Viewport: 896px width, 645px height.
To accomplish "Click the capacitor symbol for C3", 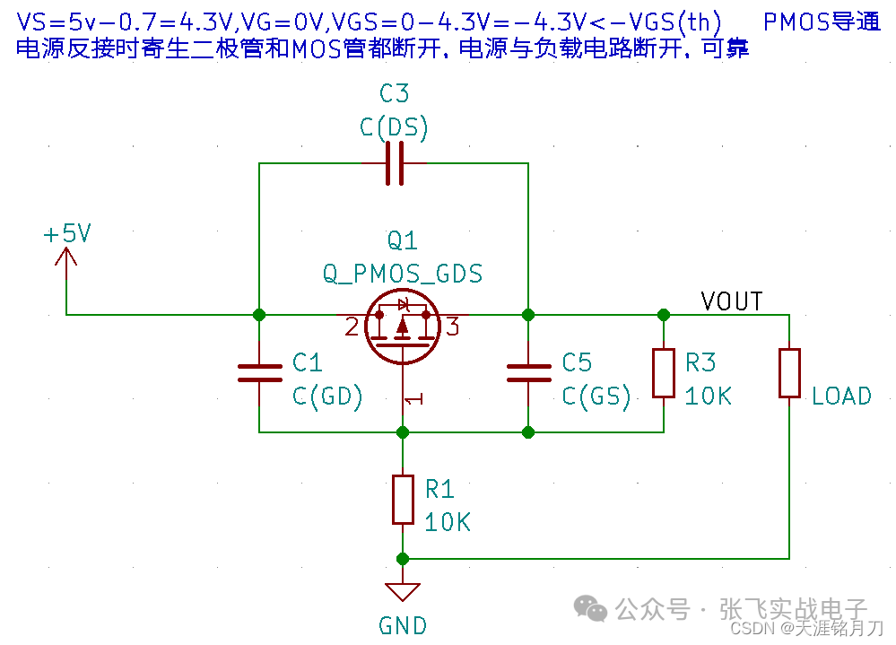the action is pyautogui.click(x=395, y=163).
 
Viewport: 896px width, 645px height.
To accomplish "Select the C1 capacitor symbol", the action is pyautogui.click(x=259, y=373).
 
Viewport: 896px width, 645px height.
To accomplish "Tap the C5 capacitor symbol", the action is pyautogui.click(x=528, y=373).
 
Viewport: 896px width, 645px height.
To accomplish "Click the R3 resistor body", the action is pyautogui.click(x=664, y=373).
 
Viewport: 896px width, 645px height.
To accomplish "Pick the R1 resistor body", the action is pyautogui.click(x=403, y=500).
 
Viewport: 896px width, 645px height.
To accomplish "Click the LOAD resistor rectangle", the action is pyautogui.click(x=789, y=373).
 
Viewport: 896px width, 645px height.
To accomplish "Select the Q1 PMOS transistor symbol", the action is pyautogui.click(x=403, y=327).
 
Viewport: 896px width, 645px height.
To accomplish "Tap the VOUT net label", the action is pyautogui.click(x=732, y=301).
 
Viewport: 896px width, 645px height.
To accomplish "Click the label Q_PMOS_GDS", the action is pyautogui.click(x=403, y=274).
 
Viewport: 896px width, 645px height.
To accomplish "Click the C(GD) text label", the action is pyautogui.click(x=328, y=396).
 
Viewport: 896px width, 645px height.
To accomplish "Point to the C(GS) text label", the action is pyautogui.click(x=596, y=396).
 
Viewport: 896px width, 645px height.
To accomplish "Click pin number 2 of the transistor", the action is pyautogui.click(x=352, y=327).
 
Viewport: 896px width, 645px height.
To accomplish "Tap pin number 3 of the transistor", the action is pyautogui.click(x=453, y=327).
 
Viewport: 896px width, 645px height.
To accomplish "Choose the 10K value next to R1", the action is pyautogui.click(x=448, y=522).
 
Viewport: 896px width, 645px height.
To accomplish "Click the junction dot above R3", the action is pyautogui.click(x=664, y=315).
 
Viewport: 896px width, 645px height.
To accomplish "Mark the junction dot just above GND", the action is pyautogui.click(x=403, y=559).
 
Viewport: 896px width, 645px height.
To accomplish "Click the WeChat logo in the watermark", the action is pyautogui.click(x=590, y=608).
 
